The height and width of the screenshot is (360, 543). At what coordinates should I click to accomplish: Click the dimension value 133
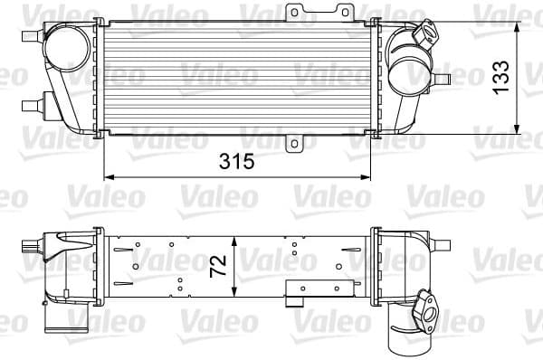pos(500,77)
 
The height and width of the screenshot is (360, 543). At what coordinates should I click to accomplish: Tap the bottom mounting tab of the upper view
pos(294,142)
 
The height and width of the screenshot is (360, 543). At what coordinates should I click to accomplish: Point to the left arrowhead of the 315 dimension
pos(109,175)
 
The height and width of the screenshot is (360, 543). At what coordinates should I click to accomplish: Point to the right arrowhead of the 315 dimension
pos(371,175)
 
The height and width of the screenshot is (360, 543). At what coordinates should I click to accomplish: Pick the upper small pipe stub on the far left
pos(27,35)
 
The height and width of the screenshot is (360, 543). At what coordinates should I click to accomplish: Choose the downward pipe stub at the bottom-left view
pos(73,317)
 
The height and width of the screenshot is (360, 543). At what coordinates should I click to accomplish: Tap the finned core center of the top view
pos(240,77)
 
